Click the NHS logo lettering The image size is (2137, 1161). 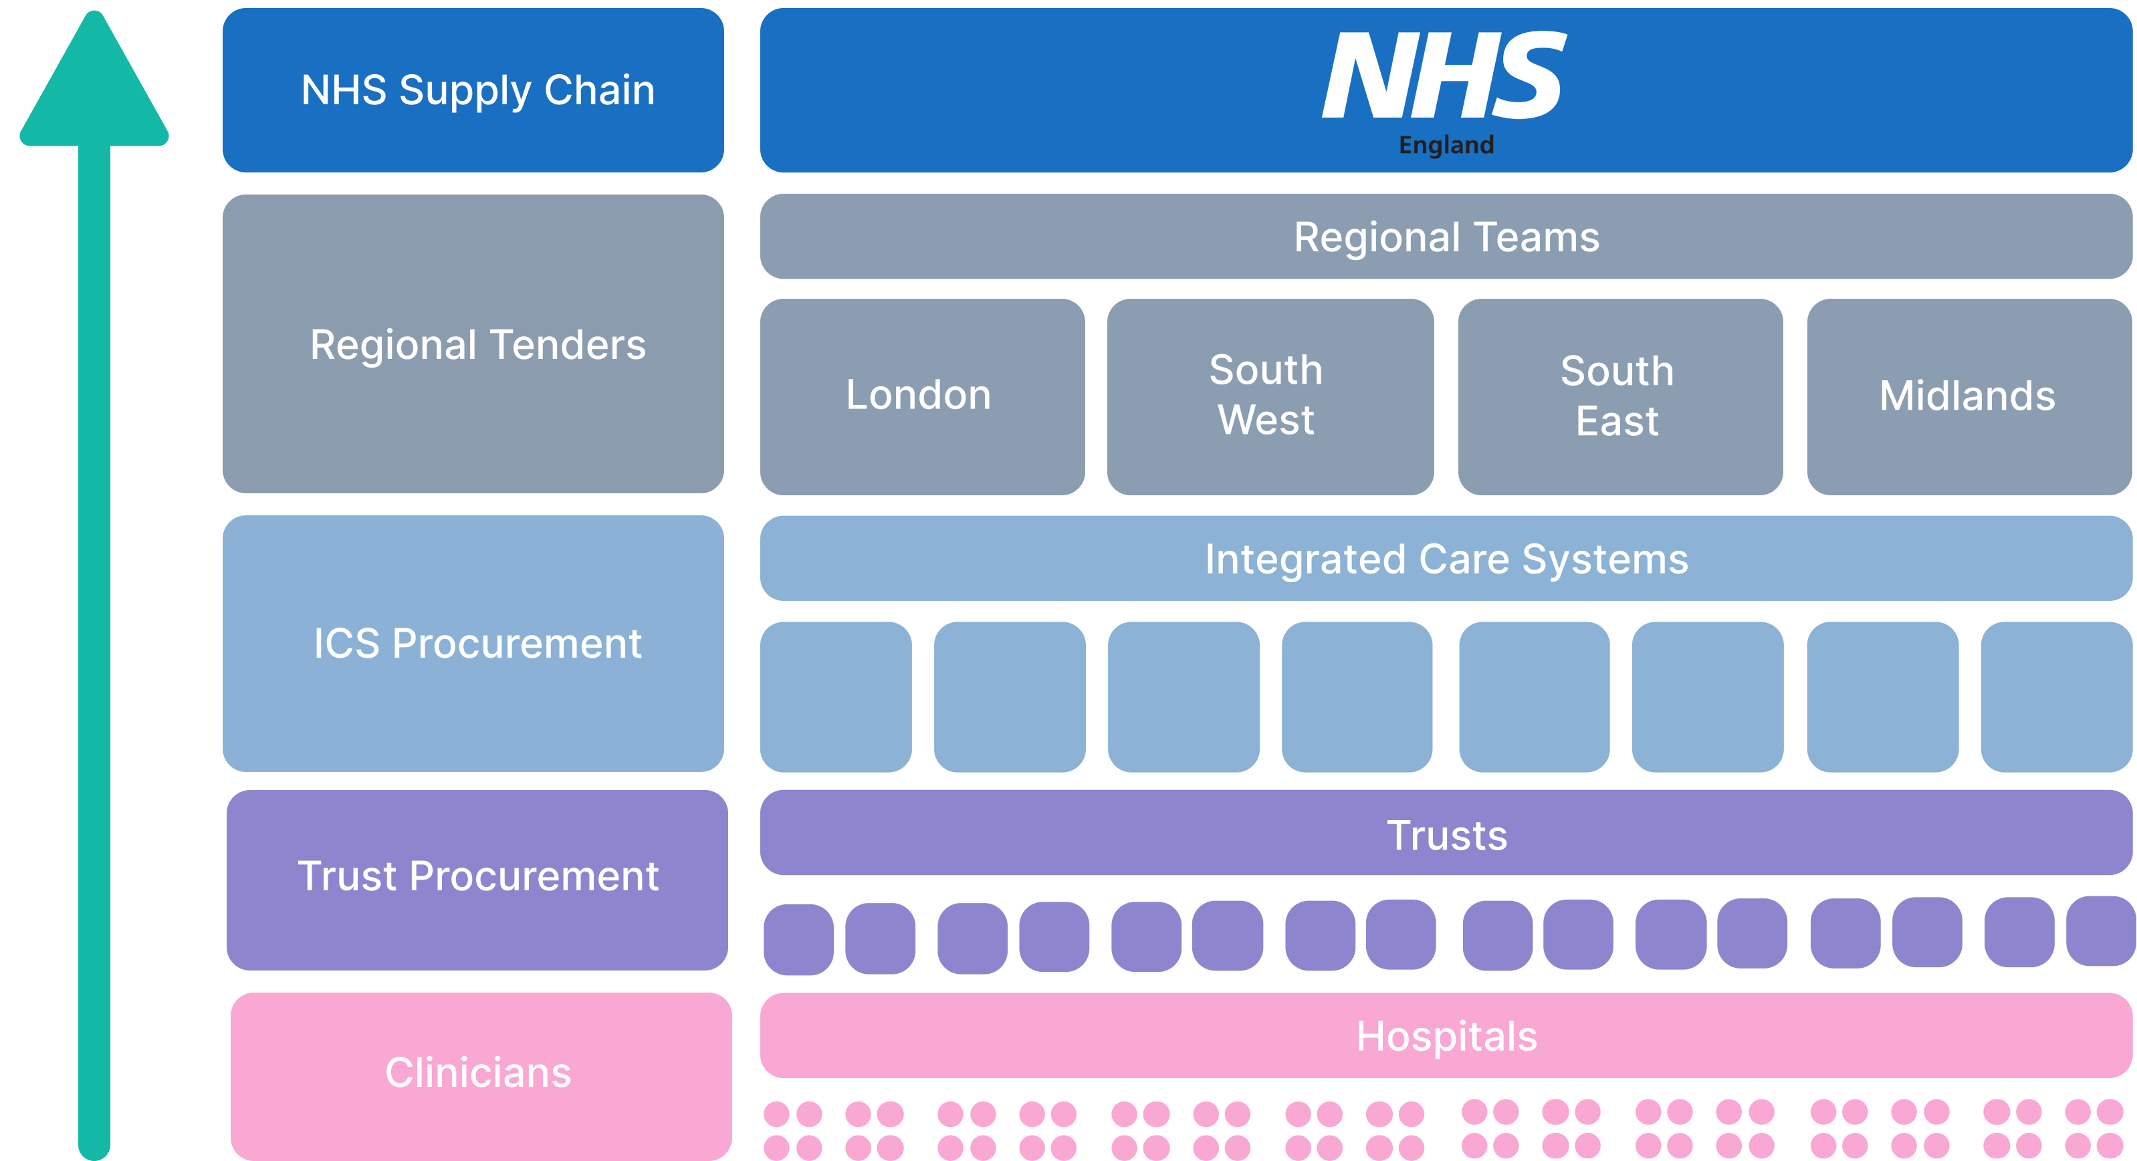[x=1444, y=76]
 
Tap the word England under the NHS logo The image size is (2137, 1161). [x=1446, y=145]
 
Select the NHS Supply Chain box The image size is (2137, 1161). [x=473, y=90]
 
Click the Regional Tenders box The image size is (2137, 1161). [x=473, y=344]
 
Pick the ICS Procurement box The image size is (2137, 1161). [x=473, y=644]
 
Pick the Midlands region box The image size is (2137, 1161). [x=1968, y=396]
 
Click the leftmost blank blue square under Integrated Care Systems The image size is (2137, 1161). [x=835, y=696]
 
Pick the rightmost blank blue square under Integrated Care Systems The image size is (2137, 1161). [x=2055, y=696]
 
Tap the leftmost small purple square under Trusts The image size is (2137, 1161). [x=798, y=938]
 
